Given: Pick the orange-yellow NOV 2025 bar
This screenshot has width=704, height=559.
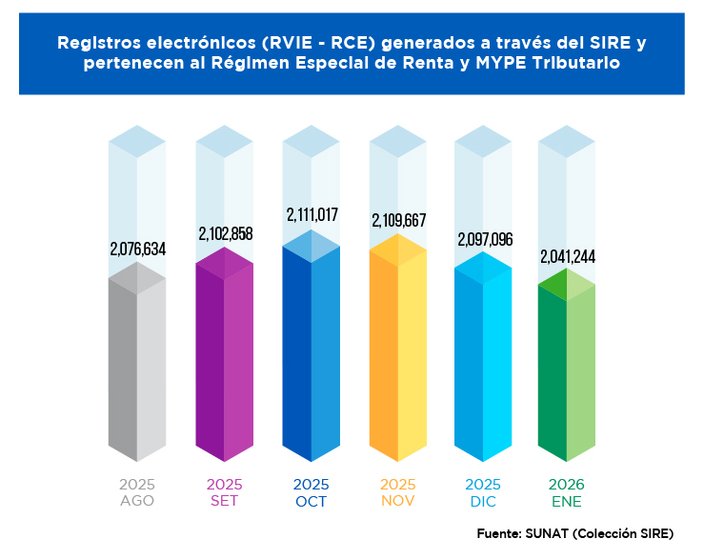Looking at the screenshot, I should coord(397,357).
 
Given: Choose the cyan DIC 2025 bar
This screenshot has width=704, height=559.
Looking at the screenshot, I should coord(483,362).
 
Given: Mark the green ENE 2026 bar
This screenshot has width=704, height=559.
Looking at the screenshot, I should coord(567,376).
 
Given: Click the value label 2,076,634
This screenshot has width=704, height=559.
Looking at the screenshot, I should coord(138,250).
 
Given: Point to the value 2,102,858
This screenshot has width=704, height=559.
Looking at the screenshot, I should coord(225,233).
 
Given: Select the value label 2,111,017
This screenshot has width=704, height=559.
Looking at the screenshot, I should coord(312,215).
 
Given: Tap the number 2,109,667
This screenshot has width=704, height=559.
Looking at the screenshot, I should coord(398,221).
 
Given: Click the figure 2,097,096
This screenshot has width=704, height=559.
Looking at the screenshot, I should coord(485,239).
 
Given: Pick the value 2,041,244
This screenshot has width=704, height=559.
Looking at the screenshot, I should coord(568,256).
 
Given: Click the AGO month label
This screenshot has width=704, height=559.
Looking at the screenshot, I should coord(137,501).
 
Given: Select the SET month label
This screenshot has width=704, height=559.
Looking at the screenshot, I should coord(224,501).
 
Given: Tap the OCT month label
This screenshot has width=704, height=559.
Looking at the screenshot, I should coord(311,501).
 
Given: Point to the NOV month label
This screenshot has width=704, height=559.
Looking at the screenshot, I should coord(397,501).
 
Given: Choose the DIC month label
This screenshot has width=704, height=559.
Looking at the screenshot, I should coord(484,501).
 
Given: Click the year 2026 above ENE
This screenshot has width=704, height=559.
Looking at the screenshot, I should coord(567,485).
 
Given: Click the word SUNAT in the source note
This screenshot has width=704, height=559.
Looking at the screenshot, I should coord(549,532).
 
